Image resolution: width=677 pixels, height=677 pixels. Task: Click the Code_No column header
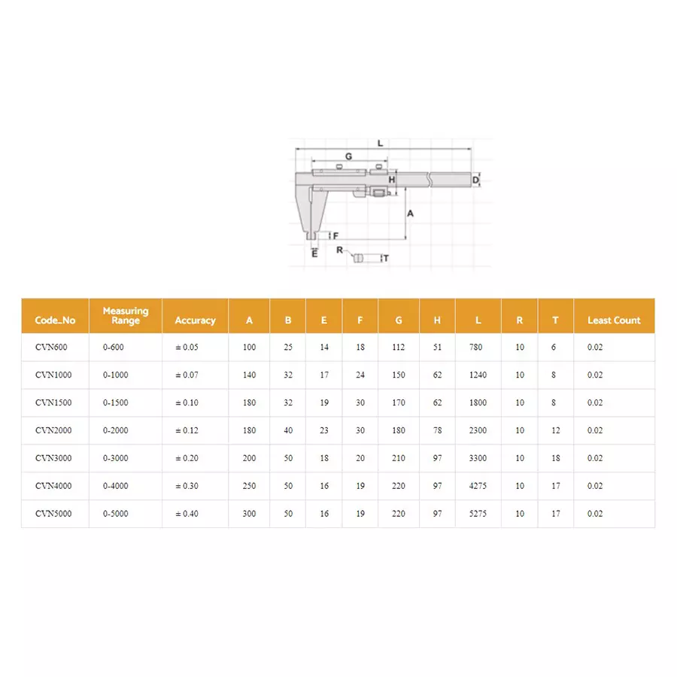(55, 320)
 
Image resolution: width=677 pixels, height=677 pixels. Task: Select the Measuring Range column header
(126, 316)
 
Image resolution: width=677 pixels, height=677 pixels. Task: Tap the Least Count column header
(614, 320)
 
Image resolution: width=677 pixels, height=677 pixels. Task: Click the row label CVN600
(51, 347)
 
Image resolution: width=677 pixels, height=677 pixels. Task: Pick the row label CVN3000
(53, 458)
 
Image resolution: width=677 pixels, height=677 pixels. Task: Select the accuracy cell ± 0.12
(187, 430)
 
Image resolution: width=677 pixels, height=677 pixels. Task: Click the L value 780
(476, 347)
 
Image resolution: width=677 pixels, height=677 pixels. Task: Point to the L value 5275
(478, 514)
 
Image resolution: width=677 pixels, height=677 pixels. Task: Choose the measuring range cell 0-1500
(116, 403)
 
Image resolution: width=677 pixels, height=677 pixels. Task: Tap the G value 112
(399, 347)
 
